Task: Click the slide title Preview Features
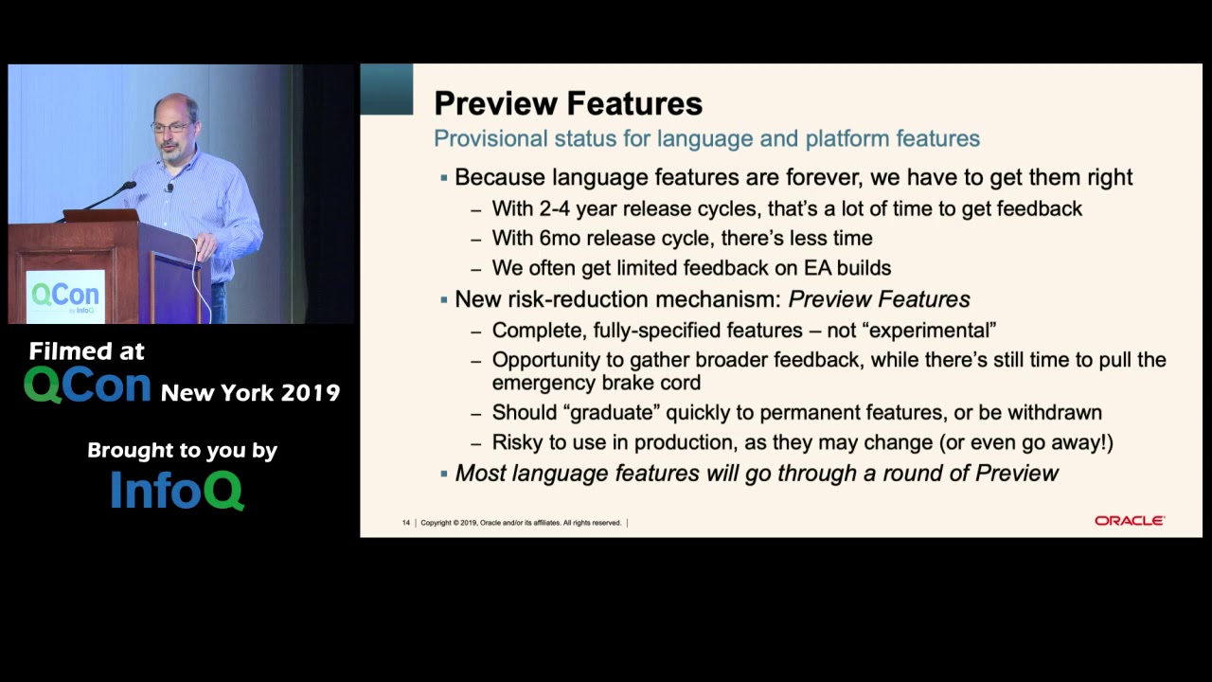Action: (567, 103)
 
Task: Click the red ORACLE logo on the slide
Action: (1129, 521)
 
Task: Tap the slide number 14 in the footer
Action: (406, 523)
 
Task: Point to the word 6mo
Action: (557, 239)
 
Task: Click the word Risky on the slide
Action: (518, 442)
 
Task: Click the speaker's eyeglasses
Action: (169, 126)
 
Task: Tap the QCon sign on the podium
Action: (65, 296)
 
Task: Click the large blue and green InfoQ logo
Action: (177, 489)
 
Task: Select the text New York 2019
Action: (250, 392)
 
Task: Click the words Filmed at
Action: (87, 351)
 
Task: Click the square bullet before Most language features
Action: (443, 473)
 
